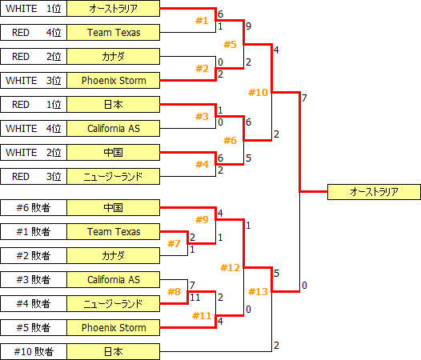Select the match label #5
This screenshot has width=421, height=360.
click(231, 44)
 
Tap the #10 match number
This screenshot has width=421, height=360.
click(259, 92)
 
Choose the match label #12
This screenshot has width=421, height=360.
click(231, 267)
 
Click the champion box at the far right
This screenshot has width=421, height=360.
click(374, 192)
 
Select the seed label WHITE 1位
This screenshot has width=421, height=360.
click(33, 9)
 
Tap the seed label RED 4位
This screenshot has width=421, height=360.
click(33, 33)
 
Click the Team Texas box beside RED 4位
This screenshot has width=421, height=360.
click(113, 33)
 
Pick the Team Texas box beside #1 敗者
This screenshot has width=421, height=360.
click(113, 232)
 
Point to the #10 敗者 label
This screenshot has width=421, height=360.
click(33, 352)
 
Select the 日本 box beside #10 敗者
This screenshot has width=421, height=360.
click(113, 352)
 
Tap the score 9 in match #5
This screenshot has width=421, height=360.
click(249, 26)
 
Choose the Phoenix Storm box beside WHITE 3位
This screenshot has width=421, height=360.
click(113, 81)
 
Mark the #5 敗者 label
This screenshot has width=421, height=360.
click(33, 328)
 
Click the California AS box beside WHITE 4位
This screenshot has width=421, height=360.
click(113, 129)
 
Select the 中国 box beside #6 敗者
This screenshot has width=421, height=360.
click(113, 208)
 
